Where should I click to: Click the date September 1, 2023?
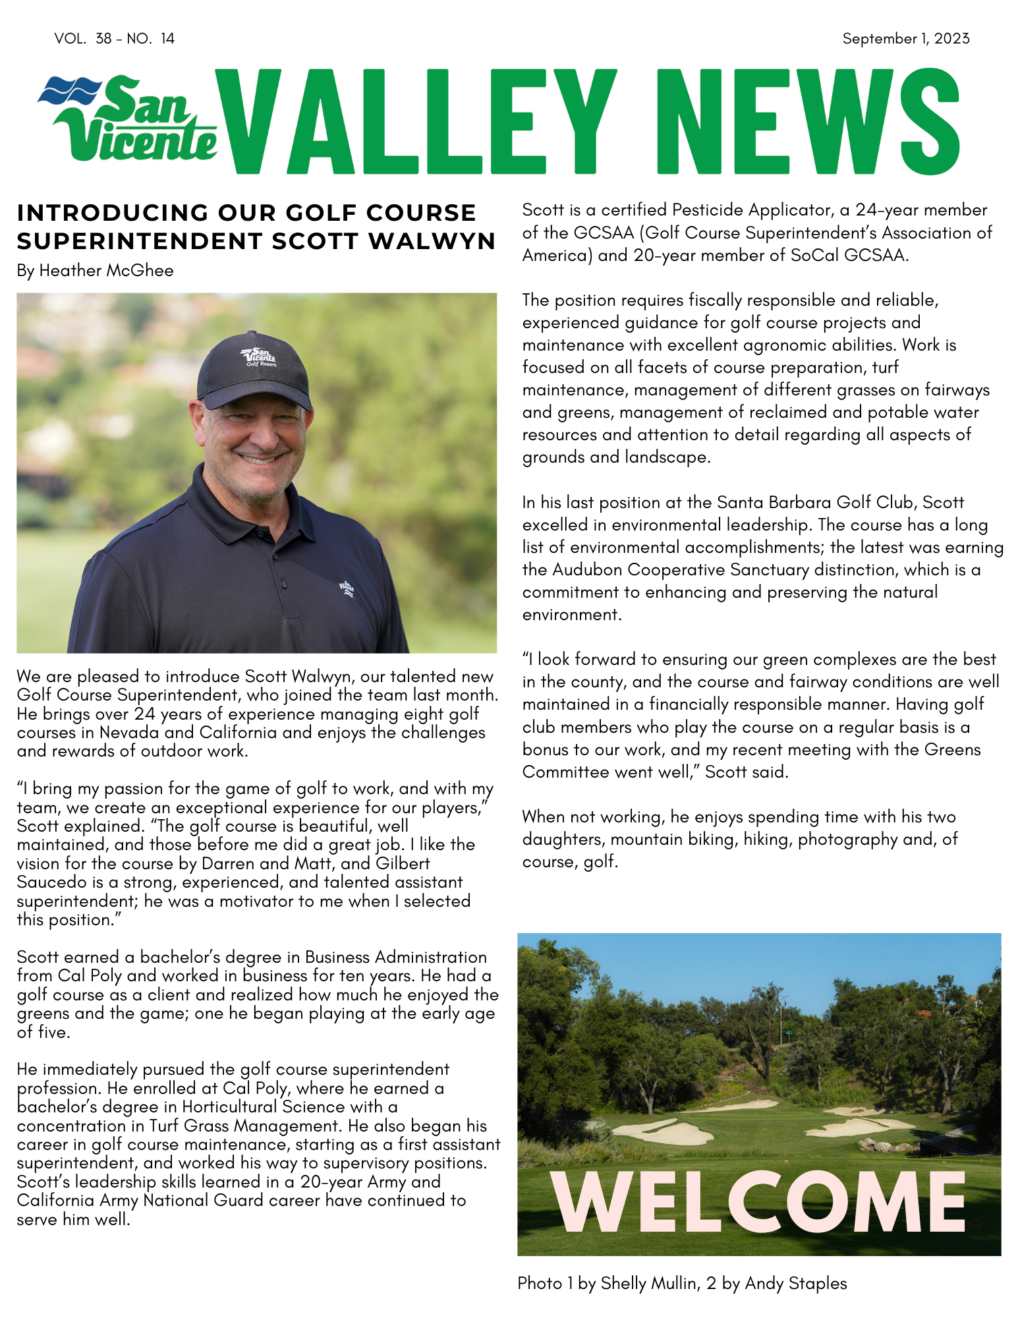[x=905, y=39]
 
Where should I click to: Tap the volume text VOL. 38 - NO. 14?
[x=115, y=39]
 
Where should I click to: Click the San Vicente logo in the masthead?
[x=128, y=119]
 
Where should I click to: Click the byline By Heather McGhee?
[x=96, y=271]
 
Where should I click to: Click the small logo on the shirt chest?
[x=347, y=587]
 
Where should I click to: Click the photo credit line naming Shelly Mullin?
[x=682, y=1283]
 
